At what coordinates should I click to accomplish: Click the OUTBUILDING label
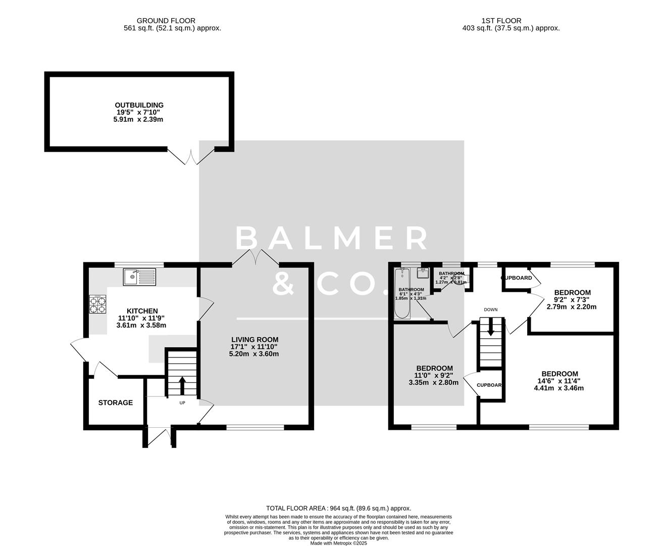point(139,105)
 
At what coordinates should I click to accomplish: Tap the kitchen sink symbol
point(139,276)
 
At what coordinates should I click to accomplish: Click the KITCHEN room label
point(142,311)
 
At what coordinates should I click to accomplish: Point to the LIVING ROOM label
point(254,339)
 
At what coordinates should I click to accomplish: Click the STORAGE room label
point(115,402)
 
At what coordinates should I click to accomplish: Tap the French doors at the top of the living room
point(256,257)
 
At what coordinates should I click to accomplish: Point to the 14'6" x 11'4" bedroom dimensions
point(558,381)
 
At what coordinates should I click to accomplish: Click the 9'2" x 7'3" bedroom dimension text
point(573,300)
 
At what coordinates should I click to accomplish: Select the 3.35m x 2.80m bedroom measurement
point(434,383)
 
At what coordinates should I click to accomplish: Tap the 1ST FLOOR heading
point(511,21)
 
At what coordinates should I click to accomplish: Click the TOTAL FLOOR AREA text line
point(338,508)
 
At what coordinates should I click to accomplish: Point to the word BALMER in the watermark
point(332,238)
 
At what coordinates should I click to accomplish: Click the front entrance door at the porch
point(159,437)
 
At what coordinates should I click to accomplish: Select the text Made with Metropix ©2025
point(338,543)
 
